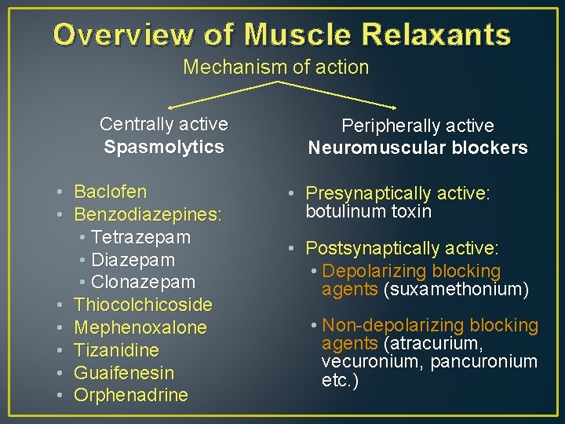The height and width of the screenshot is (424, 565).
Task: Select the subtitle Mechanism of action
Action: click(276, 68)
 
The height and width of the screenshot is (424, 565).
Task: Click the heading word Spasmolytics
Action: click(164, 147)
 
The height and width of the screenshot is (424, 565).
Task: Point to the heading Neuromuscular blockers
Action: click(417, 148)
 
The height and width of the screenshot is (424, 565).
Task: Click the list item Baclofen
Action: click(110, 192)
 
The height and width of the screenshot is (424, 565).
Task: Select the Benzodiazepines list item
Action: click(148, 214)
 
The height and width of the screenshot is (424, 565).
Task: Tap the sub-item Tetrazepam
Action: click(140, 237)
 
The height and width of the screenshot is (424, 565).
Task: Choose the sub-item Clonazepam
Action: click(143, 282)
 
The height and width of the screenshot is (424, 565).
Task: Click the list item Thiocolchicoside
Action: click(143, 305)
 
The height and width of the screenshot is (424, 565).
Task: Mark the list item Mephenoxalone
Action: click(140, 327)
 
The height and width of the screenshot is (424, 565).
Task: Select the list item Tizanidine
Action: click(116, 350)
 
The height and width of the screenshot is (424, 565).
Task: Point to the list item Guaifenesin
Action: click(124, 372)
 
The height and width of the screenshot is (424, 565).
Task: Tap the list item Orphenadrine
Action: click(130, 395)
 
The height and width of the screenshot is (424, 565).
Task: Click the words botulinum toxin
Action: click(369, 211)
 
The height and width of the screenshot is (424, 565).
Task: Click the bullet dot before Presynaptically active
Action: click(291, 194)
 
